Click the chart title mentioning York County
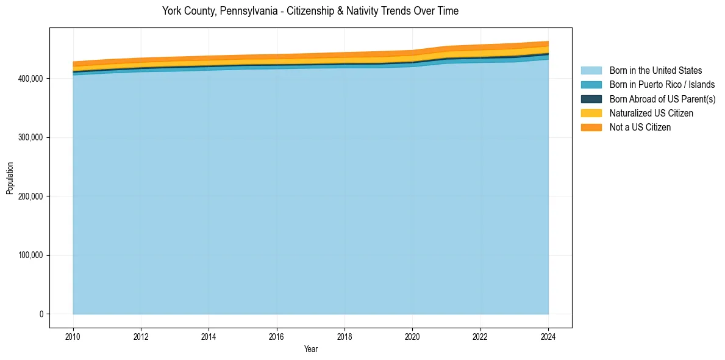coord(310,11)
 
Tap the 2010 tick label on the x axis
coord(73,336)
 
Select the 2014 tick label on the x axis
coord(209,336)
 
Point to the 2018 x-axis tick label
coord(345,336)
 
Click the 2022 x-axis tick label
coord(480,336)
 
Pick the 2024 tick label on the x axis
coord(548,336)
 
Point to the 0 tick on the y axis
coord(41,314)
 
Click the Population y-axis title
coord(10,178)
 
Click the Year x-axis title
coord(310,349)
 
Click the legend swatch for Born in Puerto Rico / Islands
coord(591,85)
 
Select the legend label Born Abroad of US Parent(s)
coord(662,99)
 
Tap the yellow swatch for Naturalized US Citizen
coord(591,113)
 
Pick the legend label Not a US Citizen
coord(640,127)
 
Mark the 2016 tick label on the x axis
coord(277,336)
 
